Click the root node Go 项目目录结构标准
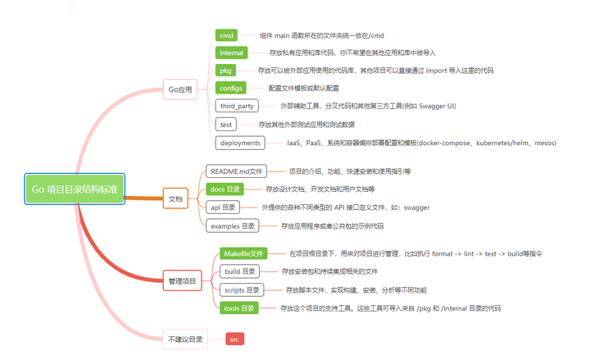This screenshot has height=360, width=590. click(x=75, y=189)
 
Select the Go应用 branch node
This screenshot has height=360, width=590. click(x=179, y=89)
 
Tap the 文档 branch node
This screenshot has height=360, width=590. click(x=175, y=198)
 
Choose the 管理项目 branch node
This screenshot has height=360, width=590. click(x=182, y=280)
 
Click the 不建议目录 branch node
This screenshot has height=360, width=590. click(x=185, y=338)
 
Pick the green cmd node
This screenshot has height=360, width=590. click(x=227, y=35)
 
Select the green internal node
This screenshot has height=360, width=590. click(x=232, y=52)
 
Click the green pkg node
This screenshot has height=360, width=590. click(x=225, y=71)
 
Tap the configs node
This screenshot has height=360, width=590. click(x=231, y=88)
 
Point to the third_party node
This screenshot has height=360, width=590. click(x=236, y=106)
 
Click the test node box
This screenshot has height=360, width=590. click(x=226, y=125)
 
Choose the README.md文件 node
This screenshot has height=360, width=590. click(x=236, y=171)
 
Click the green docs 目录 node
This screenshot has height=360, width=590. click(x=225, y=189)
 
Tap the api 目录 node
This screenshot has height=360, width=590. click(x=222, y=207)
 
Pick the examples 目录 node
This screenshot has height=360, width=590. click(x=233, y=226)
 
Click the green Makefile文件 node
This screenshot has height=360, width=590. click(x=243, y=253)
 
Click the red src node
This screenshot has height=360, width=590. click(x=234, y=338)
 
